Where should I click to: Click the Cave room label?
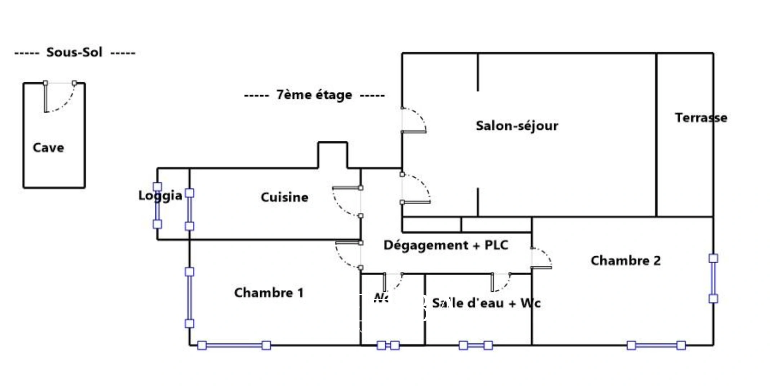click(48, 148)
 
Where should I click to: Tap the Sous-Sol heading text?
click(75, 53)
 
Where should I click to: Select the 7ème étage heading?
click(314, 95)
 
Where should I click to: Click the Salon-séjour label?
click(517, 126)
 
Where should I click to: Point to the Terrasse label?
click(701, 118)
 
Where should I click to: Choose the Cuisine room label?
click(284, 197)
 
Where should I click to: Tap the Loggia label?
click(160, 196)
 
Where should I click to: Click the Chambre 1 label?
click(269, 293)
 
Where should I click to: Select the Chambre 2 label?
click(626, 261)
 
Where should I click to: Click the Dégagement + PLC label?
click(446, 245)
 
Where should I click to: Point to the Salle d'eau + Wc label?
click(486, 303)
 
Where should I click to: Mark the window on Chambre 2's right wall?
click(713, 278)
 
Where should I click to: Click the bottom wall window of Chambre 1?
click(234, 346)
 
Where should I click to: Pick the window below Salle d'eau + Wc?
click(476, 346)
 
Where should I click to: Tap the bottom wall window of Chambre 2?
click(656, 346)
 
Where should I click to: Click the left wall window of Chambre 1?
click(190, 298)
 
